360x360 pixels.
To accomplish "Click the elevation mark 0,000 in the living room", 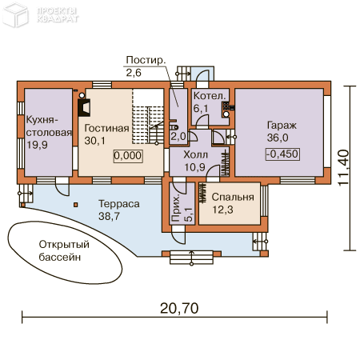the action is [128, 156].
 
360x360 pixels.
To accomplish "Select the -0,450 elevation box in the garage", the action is [282, 154].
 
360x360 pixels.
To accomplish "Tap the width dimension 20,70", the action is [179, 308].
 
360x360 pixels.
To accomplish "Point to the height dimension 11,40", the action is [343, 168].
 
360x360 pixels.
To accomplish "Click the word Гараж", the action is [282, 126].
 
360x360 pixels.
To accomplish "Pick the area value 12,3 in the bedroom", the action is [222, 210].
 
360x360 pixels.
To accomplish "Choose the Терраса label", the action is [119, 204].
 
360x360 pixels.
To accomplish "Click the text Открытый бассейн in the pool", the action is [64, 251].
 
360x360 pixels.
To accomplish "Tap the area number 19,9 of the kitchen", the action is [37, 145].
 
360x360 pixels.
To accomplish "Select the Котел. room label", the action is [210, 96].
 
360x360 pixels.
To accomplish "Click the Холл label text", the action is [195, 154].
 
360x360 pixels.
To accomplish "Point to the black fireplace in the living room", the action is [84, 107].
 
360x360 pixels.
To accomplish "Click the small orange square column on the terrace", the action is [76, 205].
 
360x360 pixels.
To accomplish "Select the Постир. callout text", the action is [146, 60].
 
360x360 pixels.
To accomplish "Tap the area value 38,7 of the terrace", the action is [109, 216].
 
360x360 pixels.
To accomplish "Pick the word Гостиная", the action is [106, 128].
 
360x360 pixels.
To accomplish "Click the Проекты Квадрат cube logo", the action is [15, 15].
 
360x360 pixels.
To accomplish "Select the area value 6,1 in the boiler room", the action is [201, 109].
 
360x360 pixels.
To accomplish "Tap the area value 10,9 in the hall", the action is [195, 167].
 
